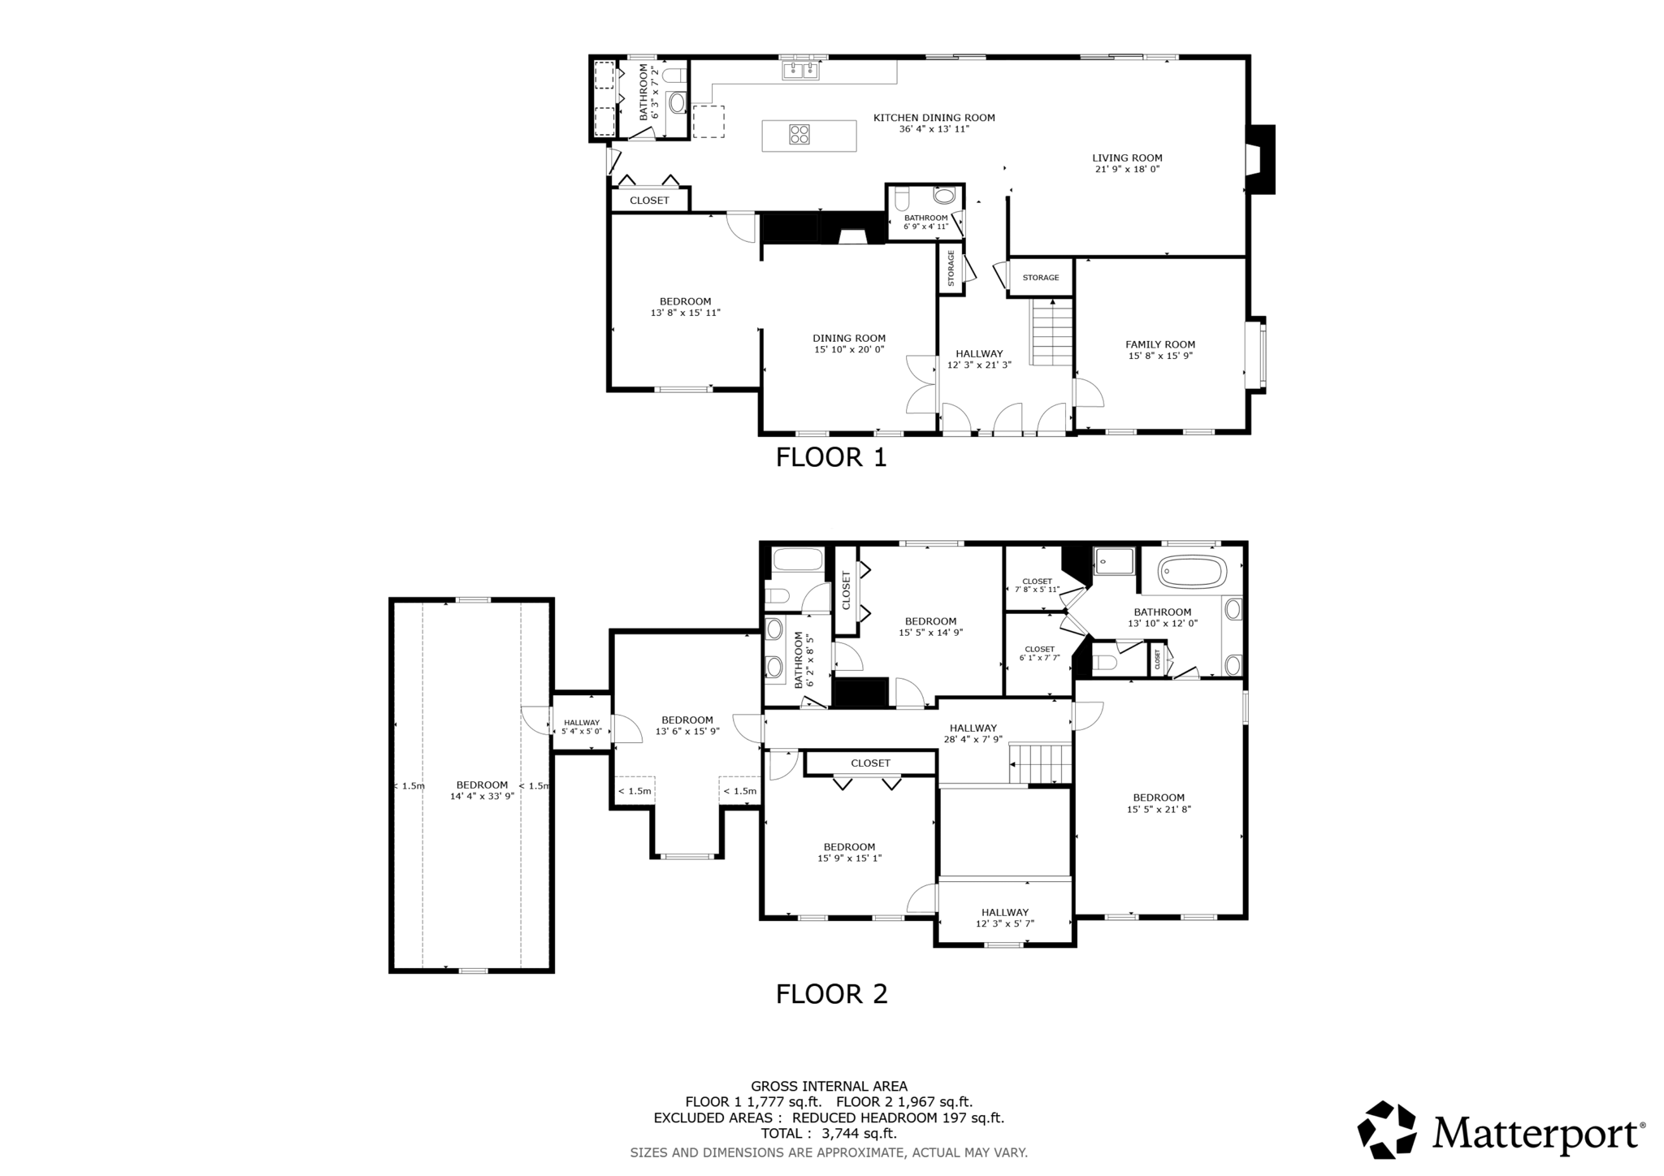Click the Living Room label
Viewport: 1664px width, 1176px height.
1126,158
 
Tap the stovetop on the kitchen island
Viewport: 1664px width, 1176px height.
799,134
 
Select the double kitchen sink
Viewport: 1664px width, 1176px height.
801,71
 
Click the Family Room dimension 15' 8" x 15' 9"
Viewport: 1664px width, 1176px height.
1159,356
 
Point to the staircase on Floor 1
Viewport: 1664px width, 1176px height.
1052,332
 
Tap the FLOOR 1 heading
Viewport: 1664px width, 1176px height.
830,457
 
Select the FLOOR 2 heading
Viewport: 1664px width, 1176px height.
830,994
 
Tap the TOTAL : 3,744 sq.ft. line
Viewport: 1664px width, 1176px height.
828,1133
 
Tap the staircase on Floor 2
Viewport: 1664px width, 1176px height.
1040,763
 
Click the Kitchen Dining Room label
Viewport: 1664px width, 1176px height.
934,118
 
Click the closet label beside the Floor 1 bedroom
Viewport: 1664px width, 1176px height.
649,201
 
